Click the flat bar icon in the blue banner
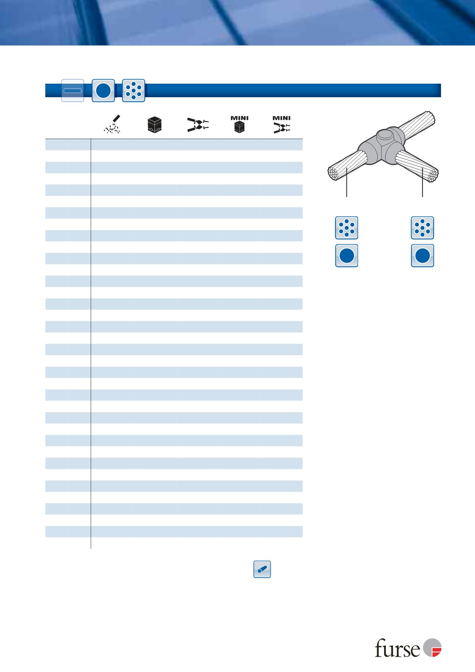[x=72, y=90]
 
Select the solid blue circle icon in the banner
[x=103, y=90]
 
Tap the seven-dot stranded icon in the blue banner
[x=134, y=90]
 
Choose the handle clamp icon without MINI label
[x=198, y=125]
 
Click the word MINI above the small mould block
[x=239, y=118]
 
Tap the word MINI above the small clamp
[x=281, y=118]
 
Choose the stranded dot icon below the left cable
[x=346, y=228]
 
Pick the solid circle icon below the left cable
[x=346, y=256]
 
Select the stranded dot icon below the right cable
[x=422, y=228]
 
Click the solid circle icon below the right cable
[x=422, y=256]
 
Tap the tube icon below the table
[x=262, y=569]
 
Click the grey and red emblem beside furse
[x=432, y=649]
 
